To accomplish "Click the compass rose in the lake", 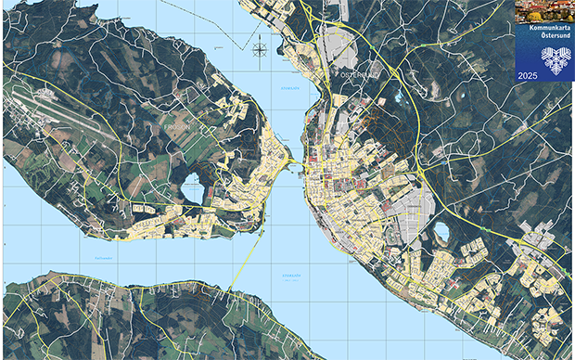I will click(x=260, y=48).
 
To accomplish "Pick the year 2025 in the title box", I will click(x=528, y=74).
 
